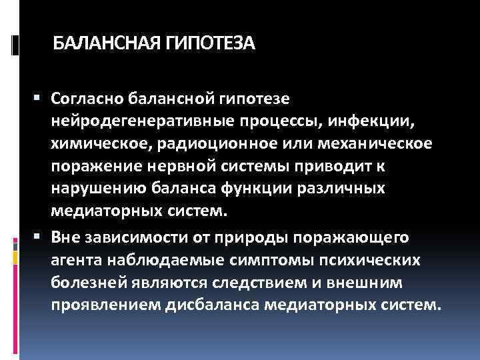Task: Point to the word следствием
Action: (x=251, y=283)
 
